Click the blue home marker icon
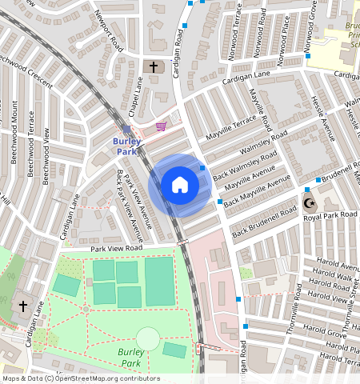[180, 185]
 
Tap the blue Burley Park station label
[127, 146]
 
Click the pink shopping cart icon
[162, 126]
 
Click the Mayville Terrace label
[231, 125]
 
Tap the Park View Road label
[116, 249]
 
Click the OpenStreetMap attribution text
[80, 378]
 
